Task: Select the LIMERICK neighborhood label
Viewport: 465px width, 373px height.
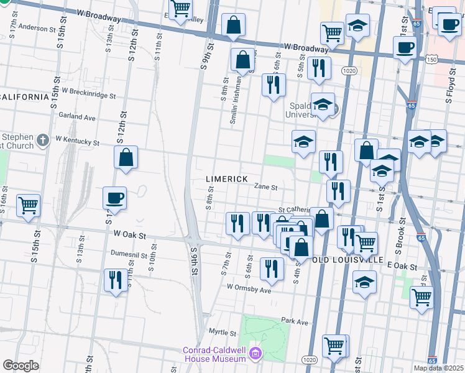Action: click(227, 179)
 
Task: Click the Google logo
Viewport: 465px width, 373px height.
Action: click(21, 365)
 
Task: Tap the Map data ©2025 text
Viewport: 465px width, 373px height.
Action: click(438, 367)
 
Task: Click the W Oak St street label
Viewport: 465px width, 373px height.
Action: click(130, 236)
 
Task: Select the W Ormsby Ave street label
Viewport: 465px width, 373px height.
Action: click(249, 288)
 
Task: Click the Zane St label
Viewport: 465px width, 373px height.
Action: click(265, 186)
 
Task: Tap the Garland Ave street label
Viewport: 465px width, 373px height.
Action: click(76, 117)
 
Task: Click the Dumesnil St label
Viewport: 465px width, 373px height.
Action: click(129, 254)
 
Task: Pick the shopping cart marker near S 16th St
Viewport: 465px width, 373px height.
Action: click(29, 205)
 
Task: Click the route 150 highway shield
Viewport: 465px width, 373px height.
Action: click(431, 60)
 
